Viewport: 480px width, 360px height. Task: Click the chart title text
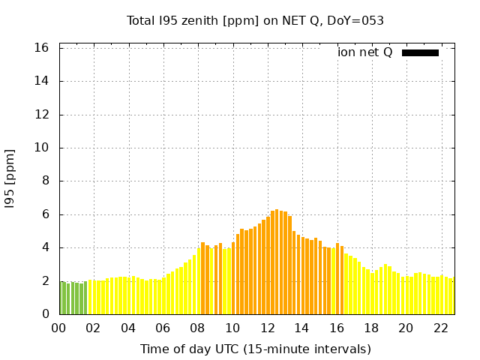[255, 20]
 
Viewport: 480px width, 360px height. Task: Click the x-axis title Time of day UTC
[255, 349]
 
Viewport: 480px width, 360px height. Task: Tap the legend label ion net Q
[364, 52]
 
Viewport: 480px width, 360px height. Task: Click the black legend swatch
[420, 52]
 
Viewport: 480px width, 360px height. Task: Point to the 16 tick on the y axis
[42, 48]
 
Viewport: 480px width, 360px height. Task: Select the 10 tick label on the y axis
[42, 148]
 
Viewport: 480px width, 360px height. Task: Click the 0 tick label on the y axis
[46, 314]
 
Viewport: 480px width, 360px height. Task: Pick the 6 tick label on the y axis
[46, 214]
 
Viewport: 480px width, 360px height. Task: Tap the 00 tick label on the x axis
[59, 328]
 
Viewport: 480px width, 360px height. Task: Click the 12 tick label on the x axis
[268, 328]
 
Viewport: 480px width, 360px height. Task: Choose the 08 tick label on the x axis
[198, 328]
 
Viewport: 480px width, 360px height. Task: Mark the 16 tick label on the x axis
[337, 328]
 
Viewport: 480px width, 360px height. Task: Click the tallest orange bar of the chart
[277, 262]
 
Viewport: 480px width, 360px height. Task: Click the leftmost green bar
[61, 298]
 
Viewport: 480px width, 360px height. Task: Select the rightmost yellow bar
[453, 296]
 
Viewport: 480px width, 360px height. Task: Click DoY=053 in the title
[357, 20]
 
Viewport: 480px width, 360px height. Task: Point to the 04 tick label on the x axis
[128, 328]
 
